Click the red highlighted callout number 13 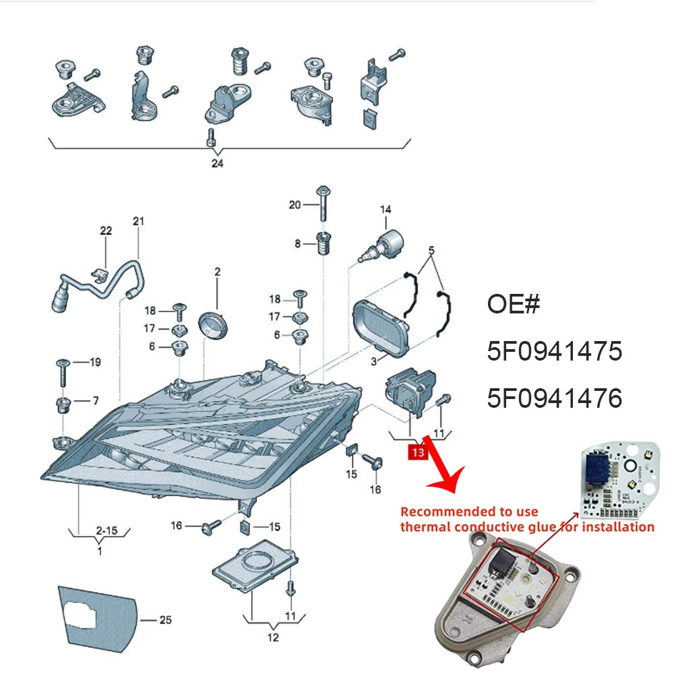418,452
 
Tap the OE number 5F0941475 555,350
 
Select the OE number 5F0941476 555,398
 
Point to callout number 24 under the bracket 217,163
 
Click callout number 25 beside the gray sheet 166,620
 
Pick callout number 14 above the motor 386,210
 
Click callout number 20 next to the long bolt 295,205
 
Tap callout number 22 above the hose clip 106,231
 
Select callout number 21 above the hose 138,221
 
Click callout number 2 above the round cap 218,272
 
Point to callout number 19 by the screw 95,362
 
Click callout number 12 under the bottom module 273,638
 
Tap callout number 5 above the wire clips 431,250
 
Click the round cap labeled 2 212,326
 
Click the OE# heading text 513,304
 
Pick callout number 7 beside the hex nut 96,400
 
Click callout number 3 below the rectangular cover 373,361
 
